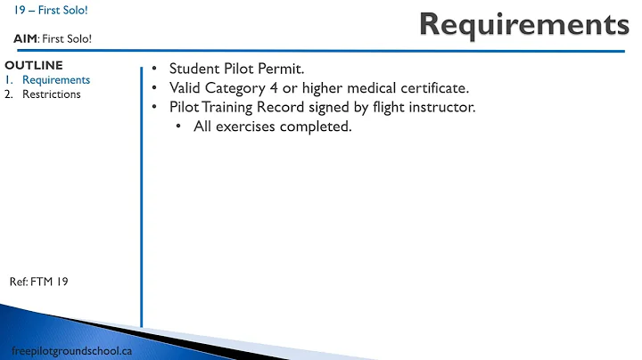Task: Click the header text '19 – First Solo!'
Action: pyautogui.click(x=51, y=11)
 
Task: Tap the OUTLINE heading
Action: pyautogui.click(x=34, y=66)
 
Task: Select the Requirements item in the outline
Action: pyautogui.click(x=56, y=79)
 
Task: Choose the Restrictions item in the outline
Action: pyautogui.click(x=52, y=94)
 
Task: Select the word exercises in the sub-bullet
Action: pyautogui.click(x=252, y=127)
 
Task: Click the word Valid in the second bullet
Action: pyautogui.click(x=187, y=88)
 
